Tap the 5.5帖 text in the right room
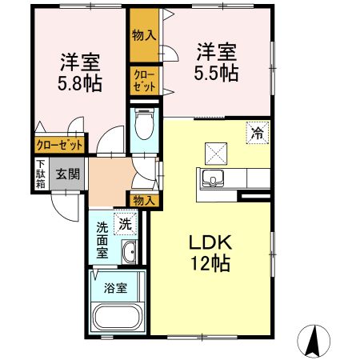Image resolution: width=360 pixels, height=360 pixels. pyautogui.click(x=217, y=73)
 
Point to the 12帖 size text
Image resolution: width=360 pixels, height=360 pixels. pyautogui.click(x=210, y=264)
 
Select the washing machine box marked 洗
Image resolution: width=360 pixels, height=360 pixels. pyautogui.click(x=126, y=225)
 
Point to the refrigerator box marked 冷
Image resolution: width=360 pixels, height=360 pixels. pyautogui.click(x=258, y=131)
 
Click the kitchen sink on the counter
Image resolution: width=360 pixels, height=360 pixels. pyautogui.click(x=214, y=178)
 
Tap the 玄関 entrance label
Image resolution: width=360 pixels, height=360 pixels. pyautogui.click(x=67, y=173)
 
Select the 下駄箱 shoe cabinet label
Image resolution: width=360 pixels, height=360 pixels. pyautogui.click(x=40, y=173)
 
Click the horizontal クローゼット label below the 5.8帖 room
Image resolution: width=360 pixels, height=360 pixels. pyautogui.click(x=58, y=146)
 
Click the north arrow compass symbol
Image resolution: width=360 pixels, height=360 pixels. pyautogui.click(x=316, y=342)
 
